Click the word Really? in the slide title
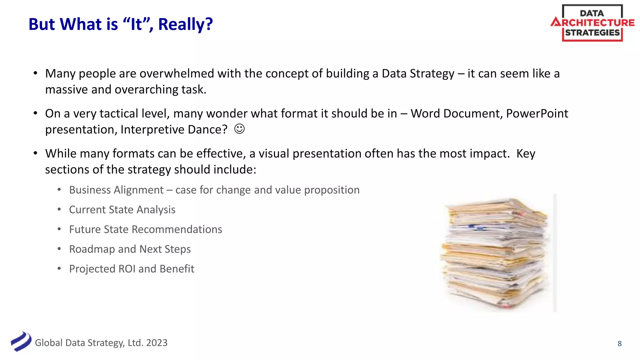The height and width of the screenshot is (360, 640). tap(185, 24)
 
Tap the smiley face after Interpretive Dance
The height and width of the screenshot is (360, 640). tap(239, 129)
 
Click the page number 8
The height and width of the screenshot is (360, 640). tap(619, 343)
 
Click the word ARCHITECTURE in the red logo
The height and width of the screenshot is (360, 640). tap(592, 22)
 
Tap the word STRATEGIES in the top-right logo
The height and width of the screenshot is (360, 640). tap(592, 33)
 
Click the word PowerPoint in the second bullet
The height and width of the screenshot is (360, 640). tap(537, 114)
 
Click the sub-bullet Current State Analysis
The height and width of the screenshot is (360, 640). tap(122, 210)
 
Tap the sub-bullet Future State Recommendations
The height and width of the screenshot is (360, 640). tap(146, 229)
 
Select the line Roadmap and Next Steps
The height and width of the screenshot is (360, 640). tap(130, 249)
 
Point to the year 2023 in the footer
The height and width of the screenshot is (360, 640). tap(157, 343)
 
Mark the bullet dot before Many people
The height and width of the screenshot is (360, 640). tap(36, 73)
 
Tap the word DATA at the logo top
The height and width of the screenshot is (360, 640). tap(592, 13)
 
